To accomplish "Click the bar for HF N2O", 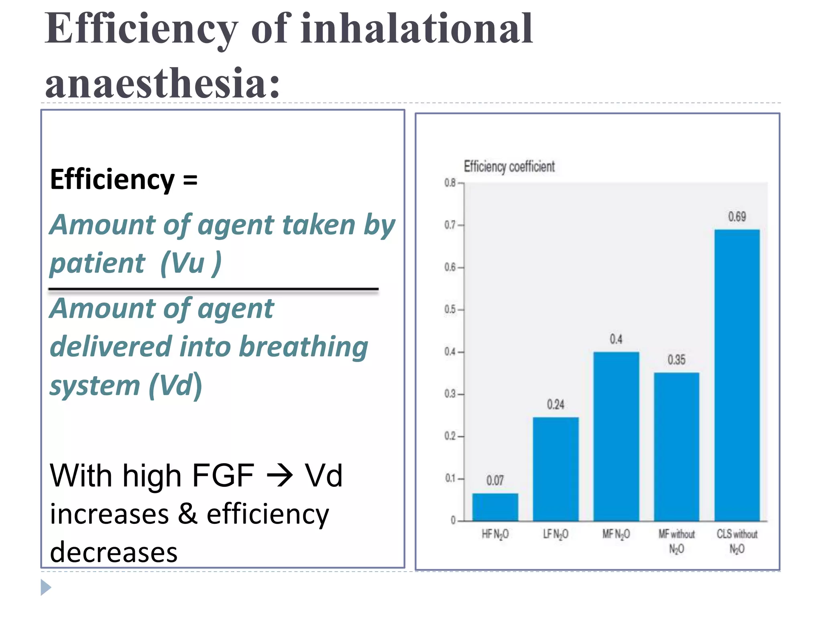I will point(495,507).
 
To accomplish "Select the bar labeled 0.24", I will point(555,469).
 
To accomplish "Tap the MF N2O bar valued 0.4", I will point(616,437).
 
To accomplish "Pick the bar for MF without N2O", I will point(676,447).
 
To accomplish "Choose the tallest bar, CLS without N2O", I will point(737,375).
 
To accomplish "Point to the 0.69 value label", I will point(737,217).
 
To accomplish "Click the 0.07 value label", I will point(495,480).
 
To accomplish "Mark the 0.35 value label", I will point(676,360).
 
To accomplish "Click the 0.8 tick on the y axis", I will point(450,183).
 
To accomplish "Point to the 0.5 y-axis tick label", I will point(450,310).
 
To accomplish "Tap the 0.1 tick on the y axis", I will point(450,478).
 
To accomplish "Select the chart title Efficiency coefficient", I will point(509,166).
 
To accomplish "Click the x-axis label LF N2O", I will point(555,534).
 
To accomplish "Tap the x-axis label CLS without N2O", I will point(737,541).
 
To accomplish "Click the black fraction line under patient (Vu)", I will point(213,289).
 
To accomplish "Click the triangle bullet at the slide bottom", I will point(46,587).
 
